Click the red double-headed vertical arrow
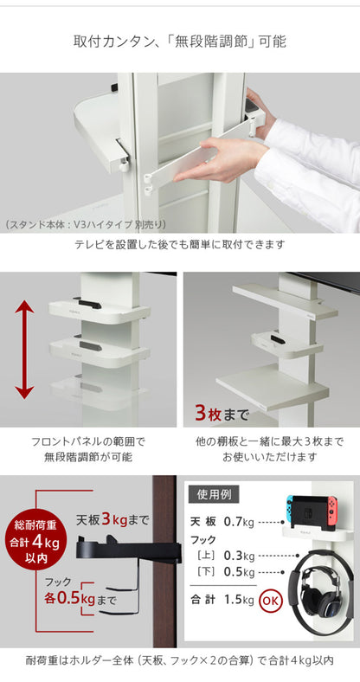coord(25,350)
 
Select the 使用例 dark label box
coord(213,497)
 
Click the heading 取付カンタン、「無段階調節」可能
coord(180,41)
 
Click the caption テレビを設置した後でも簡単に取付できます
coord(180,245)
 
